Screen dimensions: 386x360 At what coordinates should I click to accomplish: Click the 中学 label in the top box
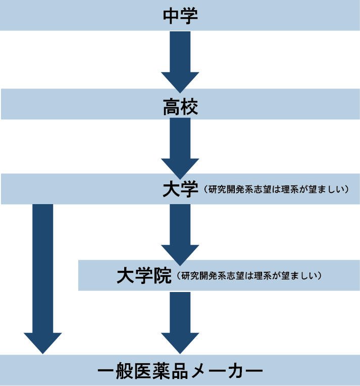pyautogui.click(x=180, y=15)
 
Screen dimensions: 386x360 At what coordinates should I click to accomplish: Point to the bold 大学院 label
pyautogui.click(x=144, y=275)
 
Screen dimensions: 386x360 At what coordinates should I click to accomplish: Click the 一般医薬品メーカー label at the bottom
pyautogui.click(x=180, y=372)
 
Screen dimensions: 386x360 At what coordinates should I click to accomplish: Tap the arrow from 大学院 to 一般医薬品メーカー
pyautogui.click(x=180, y=321)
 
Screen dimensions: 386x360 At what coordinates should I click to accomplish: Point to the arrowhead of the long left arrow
pyautogui.click(x=42, y=343)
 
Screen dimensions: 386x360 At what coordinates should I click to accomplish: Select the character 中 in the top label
pyautogui.click(x=171, y=15)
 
